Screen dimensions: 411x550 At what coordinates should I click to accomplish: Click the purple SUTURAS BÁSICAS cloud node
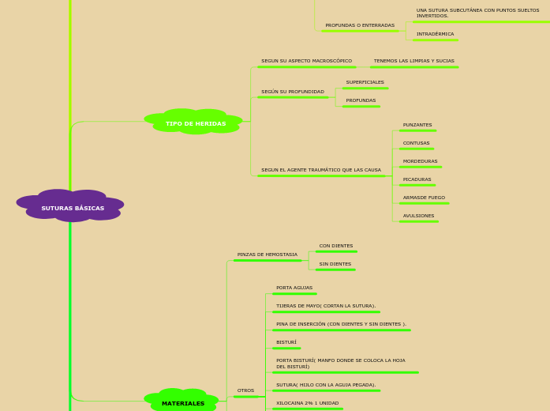click(x=72, y=207)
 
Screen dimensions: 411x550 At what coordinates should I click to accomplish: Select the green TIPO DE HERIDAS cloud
click(x=195, y=123)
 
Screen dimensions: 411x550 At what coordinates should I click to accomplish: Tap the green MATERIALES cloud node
click(x=182, y=403)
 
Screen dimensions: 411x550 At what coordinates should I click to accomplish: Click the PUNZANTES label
click(x=417, y=125)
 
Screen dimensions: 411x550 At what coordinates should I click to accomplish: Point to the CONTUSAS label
click(x=416, y=143)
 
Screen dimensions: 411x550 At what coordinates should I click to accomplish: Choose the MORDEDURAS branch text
click(x=420, y=161)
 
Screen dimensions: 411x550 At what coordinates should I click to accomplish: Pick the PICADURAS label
click(x=417, y=179)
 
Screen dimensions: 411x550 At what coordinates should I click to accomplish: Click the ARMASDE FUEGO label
click(x=424, y=198)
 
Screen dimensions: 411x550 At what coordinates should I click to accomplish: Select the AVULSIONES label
click(x=418, y=216)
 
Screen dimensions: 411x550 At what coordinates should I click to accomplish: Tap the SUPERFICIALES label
click(x=365, y=82)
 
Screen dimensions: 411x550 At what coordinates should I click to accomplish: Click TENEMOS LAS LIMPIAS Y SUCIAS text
click(x=413, y=61)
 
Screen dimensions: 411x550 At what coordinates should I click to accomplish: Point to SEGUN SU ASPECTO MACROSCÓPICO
click(x=306, y=61)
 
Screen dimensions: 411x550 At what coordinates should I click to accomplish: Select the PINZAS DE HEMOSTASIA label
click(x=267, y=255)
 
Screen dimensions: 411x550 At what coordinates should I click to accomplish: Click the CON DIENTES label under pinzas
click(x=335, y=246)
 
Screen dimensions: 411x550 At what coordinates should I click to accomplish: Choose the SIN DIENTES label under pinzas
click(x=335, y=264)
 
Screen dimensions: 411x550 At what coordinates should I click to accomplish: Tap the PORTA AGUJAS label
click(x=294, y=288)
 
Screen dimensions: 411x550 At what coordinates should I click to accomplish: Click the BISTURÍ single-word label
click(x=286, y=342)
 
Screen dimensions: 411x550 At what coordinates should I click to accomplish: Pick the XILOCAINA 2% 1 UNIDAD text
click(x=307, y=403)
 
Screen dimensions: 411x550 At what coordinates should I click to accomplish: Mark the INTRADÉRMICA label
click(x=435, y=34)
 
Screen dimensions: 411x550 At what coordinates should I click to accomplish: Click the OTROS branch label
click(x=245, y=390)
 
